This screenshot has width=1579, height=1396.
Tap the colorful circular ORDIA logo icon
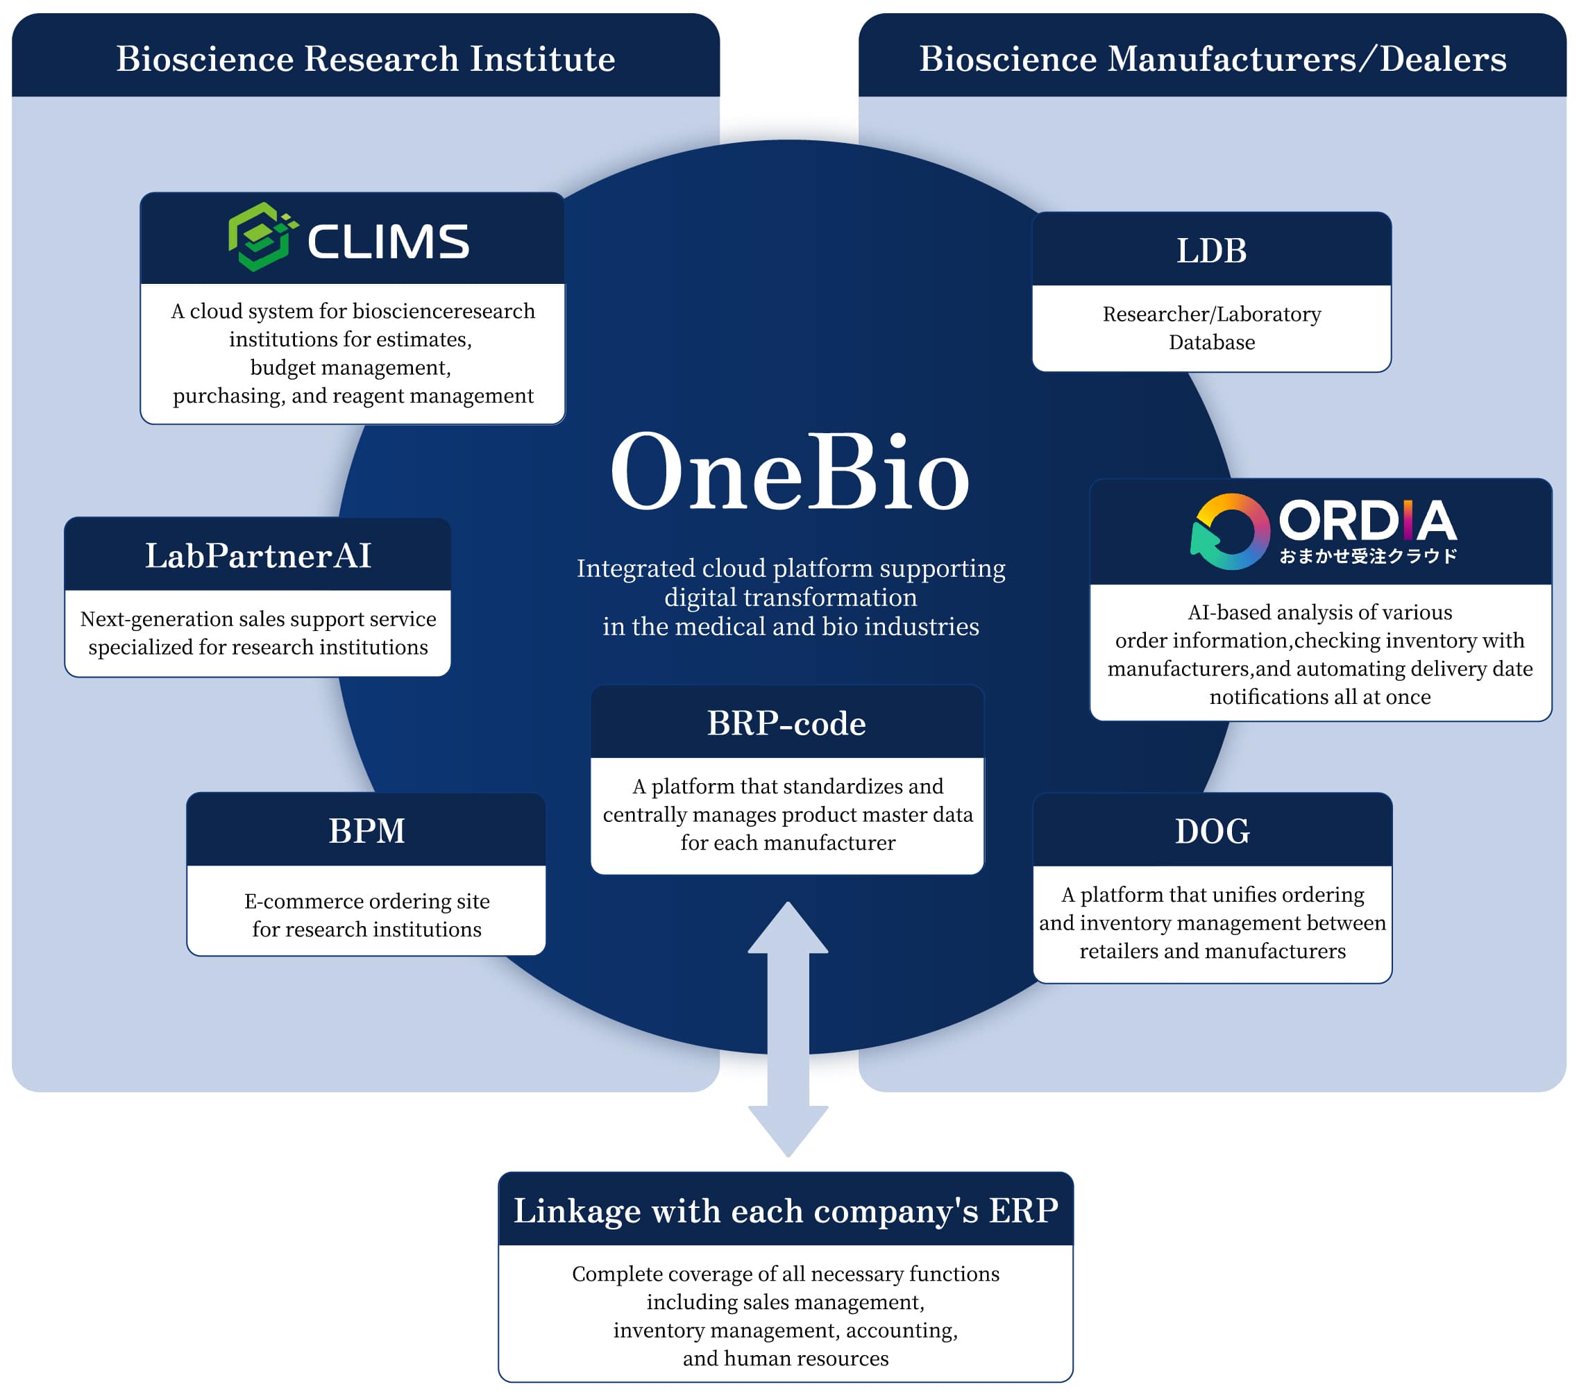pos(1231,532)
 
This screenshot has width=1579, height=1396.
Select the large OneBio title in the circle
pos(790,472)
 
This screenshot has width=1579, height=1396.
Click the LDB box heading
pos(1211,251)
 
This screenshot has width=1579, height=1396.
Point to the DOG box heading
pos(1212,831)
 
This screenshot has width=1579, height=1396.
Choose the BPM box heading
pos(366,831)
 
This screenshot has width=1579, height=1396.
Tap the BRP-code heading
pos(786,723)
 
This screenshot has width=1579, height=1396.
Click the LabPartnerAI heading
pos(258,555)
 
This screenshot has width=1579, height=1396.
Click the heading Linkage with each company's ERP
pos(786,1211)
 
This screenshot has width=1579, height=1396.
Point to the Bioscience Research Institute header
pos(365,59)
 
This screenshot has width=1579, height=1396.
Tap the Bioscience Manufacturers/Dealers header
pos(1212,59)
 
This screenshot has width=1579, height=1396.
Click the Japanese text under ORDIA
pos(1367,556)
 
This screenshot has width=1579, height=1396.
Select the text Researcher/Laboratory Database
pos(1211,328)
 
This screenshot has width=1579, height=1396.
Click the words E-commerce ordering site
pos(367,901)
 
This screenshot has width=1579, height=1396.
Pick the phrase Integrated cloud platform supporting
pos(791,568)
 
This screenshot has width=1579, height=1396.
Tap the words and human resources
pos(786,1358)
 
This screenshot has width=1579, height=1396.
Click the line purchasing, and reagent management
pos(353,396)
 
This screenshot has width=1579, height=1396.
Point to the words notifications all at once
pos(1319,697)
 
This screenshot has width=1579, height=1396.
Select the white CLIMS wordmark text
pos(388,241)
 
